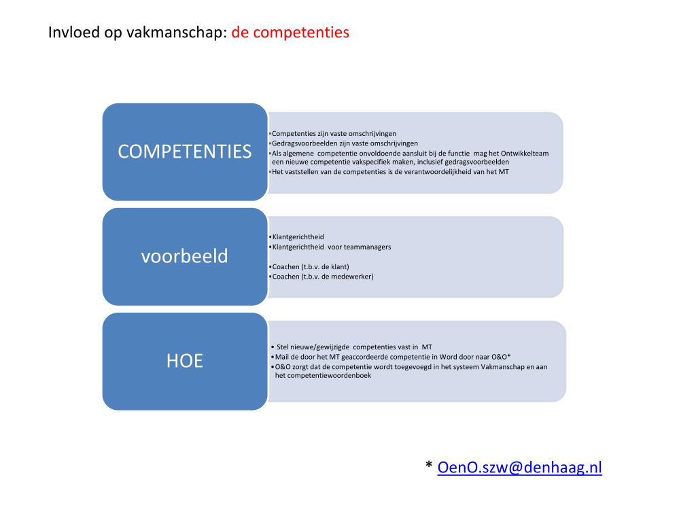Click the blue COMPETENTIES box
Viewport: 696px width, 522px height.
184,152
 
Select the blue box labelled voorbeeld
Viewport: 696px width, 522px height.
184,257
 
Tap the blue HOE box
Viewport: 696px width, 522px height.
184,361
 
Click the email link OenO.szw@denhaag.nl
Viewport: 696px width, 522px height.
520,467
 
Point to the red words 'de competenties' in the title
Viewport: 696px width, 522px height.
290,32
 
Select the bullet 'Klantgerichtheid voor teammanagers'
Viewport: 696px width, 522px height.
332,247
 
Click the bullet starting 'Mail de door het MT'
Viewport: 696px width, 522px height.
392,357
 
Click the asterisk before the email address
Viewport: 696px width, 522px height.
429,467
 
